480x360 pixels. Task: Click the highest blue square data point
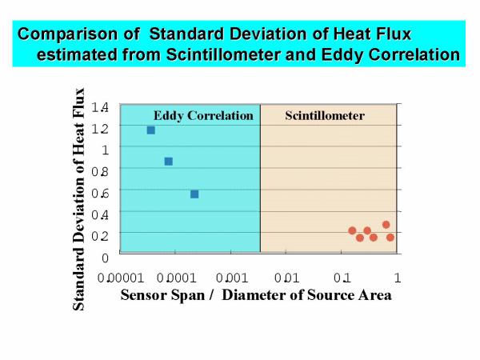pos(151,130)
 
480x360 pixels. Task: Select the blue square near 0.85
pos(169,162)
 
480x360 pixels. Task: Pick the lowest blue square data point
pos(194,194)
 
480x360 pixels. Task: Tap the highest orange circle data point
pos(386,225)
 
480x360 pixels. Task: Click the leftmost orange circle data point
pos(352,230)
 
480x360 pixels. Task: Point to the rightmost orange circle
pos(390,238)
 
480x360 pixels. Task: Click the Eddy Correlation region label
pos(203,116)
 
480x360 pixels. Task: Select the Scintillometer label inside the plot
pos(325,116)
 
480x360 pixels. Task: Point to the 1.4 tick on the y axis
pos(100,107)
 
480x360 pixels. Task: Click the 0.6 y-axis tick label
pos(100,194)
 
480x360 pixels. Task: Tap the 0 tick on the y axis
pos(105,258)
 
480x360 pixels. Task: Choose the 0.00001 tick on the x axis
pos(121,278)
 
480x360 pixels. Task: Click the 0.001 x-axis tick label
pos(232,278)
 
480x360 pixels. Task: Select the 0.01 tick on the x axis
pos(286,278)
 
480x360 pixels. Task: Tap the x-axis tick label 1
pos(398,278)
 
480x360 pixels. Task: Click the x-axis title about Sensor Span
pos(256,295)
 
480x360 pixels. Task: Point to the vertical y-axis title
pos(78,199)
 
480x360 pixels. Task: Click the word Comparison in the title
pos(68,34)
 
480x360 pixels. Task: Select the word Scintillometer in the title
pos(223,54)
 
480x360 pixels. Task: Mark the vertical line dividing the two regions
pos(260,178)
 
